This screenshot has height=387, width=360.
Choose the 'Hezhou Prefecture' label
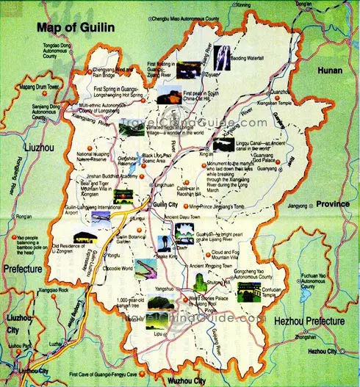310,322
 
